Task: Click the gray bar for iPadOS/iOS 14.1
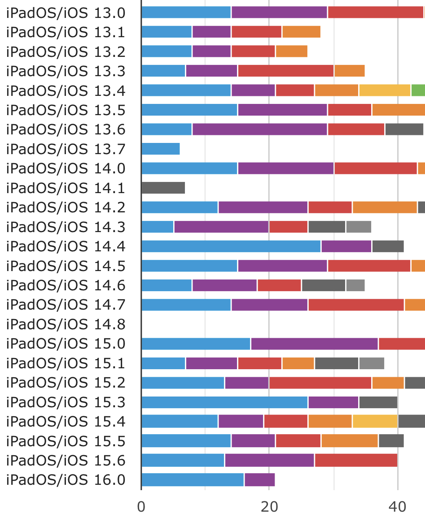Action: pos(163,188)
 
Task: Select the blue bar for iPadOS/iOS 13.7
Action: pos(160,149)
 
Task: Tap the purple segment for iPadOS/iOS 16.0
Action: pos(259,480)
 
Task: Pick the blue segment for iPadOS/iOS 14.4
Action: pos(231,246)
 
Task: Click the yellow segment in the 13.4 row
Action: pos(385,91)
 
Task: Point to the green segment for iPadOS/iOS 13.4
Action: pos(418,91)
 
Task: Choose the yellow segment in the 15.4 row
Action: pos(375,422)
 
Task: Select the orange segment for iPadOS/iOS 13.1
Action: pos(301,32)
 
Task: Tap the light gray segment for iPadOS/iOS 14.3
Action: pos(359,227)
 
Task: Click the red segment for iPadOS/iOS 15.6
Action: pos(356,461)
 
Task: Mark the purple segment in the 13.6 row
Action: pos(259,129)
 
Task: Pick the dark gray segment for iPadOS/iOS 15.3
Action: pos(378,402)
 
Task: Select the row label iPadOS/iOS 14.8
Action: pos(66,324)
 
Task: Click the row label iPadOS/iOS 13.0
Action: pos(66,13)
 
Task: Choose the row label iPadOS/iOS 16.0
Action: pos(66,480)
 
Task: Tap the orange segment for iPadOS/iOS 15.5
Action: pos(350,441)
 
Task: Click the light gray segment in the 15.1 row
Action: pos(372,363)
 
